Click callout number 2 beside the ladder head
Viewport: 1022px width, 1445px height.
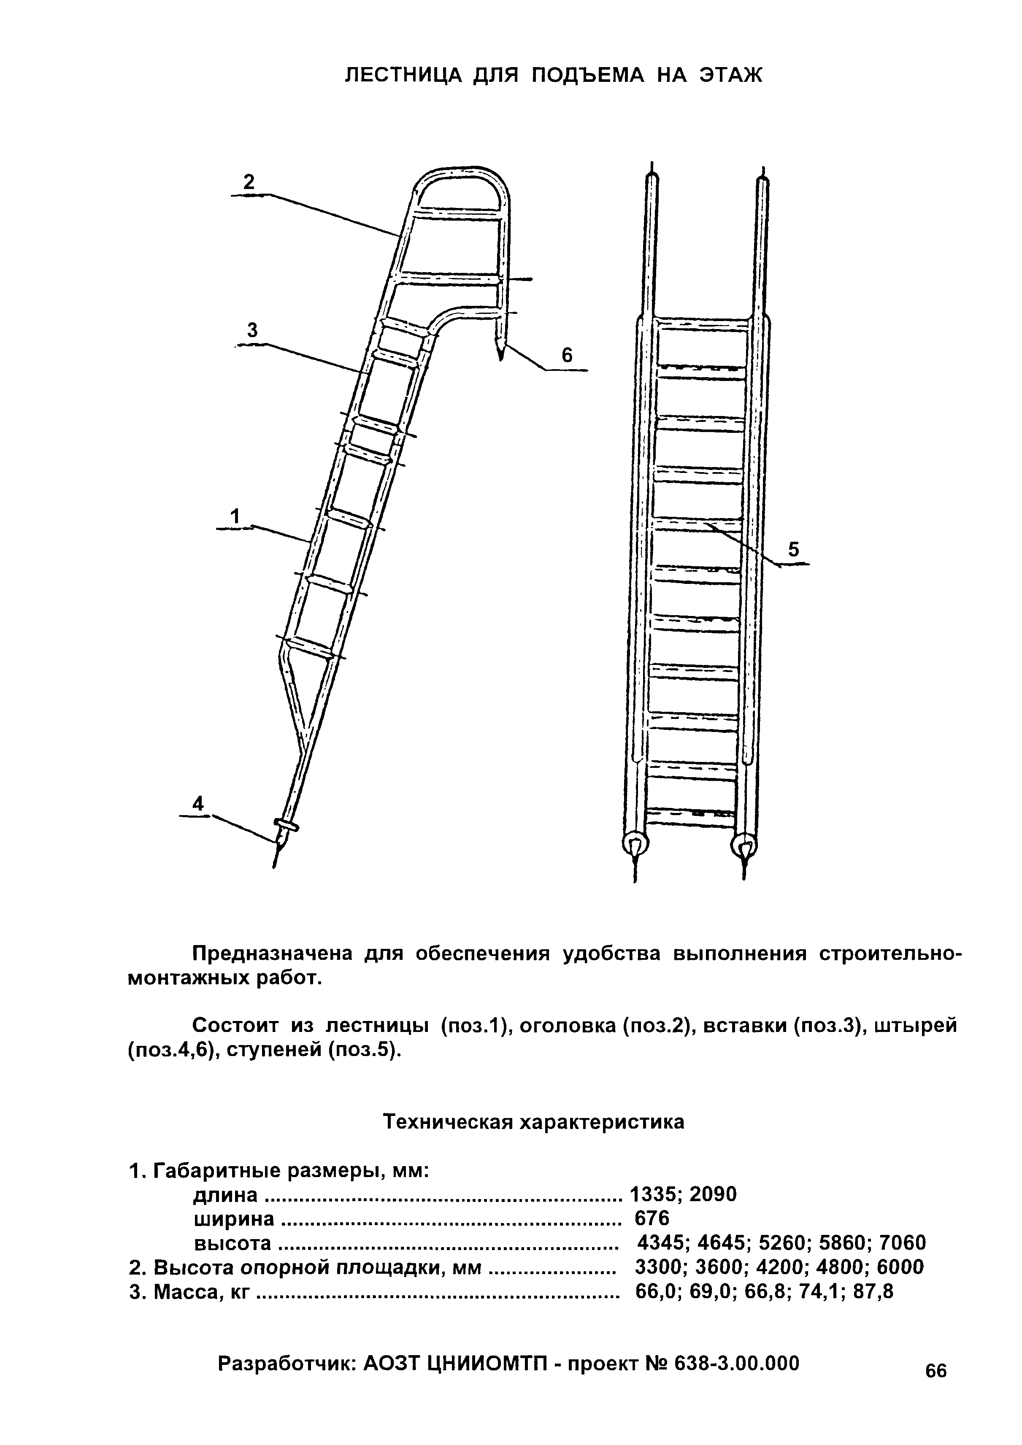pos(249,183)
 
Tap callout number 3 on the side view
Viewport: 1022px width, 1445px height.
pos(252,330)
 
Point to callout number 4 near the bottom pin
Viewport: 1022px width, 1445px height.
pos(198,804)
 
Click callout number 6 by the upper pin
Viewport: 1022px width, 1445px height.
pos(567,356)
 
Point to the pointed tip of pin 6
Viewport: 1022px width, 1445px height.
pos(501,356)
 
